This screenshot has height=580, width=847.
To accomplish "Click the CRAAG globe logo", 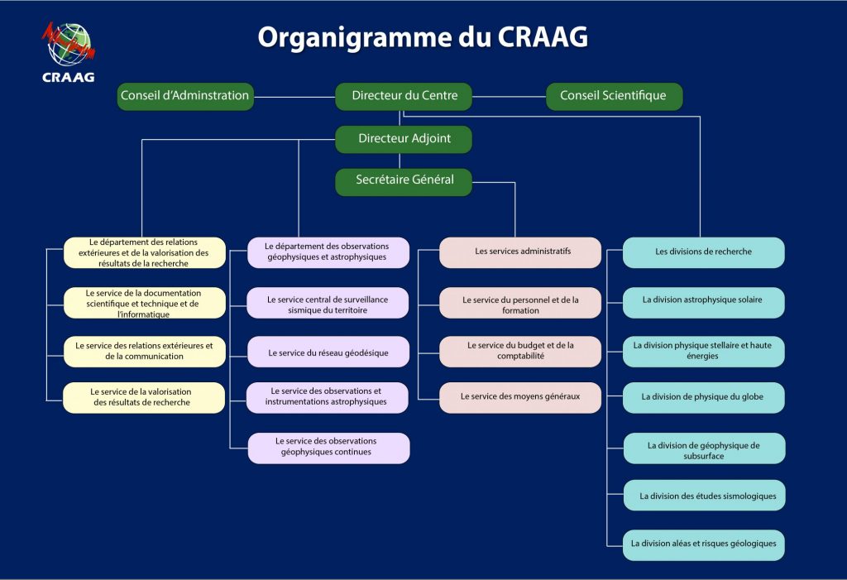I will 69,46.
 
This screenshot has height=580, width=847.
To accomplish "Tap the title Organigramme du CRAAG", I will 423,37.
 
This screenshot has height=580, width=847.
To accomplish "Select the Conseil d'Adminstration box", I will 184,96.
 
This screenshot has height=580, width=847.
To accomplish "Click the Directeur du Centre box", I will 404,96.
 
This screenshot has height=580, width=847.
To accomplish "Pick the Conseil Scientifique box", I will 614,96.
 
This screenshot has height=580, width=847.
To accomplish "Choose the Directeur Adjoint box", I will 404,139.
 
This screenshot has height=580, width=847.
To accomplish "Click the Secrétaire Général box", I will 404,181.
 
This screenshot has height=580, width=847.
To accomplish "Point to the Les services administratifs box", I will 519,252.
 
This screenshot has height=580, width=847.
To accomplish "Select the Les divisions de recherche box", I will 703,252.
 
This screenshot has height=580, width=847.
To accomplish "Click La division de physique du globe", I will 703,397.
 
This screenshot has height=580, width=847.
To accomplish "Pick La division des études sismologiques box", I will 703,496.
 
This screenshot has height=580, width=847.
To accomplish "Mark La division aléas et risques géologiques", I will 703,544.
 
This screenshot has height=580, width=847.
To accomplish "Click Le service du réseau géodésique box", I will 328,352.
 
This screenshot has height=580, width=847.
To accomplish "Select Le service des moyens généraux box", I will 519,397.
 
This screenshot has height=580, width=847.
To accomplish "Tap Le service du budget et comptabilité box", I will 519,351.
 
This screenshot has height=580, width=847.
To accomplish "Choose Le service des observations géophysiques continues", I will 328,447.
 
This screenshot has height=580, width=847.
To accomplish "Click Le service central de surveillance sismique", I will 328,304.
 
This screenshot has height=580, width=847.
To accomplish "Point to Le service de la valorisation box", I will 144,397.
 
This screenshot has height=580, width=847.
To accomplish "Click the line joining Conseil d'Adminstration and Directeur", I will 294,97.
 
